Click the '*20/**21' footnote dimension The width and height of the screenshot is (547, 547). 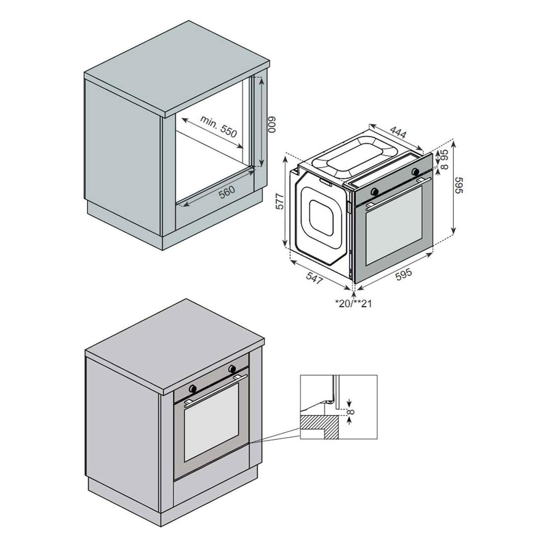353,303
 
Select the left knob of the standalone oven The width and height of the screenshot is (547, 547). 374,191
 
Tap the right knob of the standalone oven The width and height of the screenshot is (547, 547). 416,171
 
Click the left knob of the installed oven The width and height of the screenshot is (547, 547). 193,388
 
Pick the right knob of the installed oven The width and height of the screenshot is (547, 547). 232,369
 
